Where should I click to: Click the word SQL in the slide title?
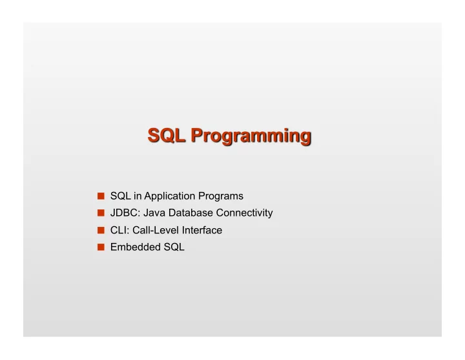click(x=167, y=136)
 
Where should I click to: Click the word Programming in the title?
click(x=251, y=136)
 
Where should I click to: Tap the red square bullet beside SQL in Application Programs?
click(x=101, y=196)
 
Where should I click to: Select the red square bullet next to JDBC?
click(x=101, y=213)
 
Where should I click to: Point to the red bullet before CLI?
click(x=101, y=230)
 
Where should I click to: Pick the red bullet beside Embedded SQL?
click(x=101, y=247)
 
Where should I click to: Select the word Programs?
click(x=221, y=196)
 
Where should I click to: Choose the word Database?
click(x=191, y=213)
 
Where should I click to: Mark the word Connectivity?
click(x=244, y=213)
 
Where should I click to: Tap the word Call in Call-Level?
click(x=141, y=230)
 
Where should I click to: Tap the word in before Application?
click(x=138, y=196)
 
